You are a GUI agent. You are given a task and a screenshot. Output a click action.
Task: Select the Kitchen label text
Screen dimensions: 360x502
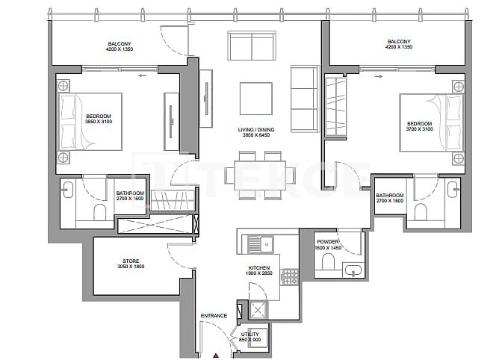tap(259, 267)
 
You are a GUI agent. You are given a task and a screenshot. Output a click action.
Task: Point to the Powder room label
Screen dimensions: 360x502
tap(328, 242)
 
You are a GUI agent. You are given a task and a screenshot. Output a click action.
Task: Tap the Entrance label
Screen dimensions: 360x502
tap(214, 316)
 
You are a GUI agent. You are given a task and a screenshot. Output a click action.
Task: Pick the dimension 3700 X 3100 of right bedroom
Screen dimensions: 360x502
tap(419, 129)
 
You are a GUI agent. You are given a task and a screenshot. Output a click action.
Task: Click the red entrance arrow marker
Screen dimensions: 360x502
tap(216, 356)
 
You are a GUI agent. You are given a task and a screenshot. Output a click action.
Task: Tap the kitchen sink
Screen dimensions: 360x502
tap(255, 243)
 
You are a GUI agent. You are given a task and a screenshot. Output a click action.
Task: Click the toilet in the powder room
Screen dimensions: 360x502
tap(326, 262)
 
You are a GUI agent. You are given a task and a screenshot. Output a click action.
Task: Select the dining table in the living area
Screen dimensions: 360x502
tap(251, 175)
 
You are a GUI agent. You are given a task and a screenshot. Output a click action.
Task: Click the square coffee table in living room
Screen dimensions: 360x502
tap(251, 97)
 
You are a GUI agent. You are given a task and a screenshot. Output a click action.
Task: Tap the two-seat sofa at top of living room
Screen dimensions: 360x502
tap(252, 46)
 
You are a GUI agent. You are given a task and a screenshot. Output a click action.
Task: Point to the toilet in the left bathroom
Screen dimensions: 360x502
tap(99, 213)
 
